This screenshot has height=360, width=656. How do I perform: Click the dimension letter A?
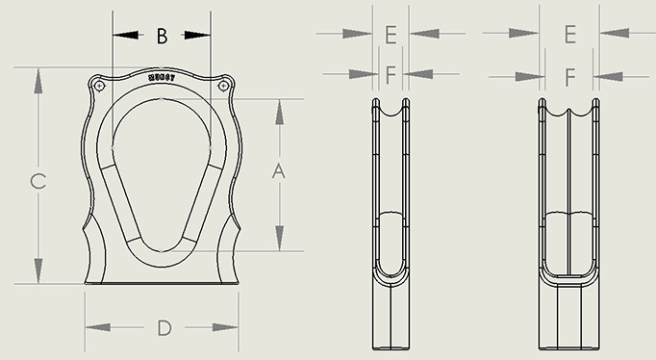pos(279,171)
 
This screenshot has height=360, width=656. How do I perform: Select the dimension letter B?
pos(162,36)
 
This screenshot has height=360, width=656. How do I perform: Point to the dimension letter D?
pos(164,328)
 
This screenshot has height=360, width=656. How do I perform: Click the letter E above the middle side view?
pos(390,34)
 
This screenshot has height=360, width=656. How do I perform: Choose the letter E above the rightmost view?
pos(569,34)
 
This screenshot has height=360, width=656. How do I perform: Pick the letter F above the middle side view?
pos(390,74)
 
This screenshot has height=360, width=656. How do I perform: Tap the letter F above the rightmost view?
pos(569,75)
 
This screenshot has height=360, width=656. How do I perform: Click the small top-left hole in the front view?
pos(100,87)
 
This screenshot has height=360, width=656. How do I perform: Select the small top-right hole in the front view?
pos(224,87)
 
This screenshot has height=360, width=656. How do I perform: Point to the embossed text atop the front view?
pos(162,76)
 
